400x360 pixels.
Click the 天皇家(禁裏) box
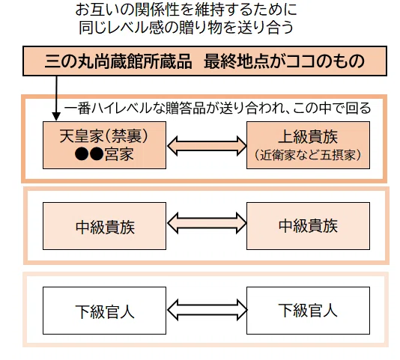click(x=104, y=145)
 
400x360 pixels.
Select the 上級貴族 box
click(x=308, y=145)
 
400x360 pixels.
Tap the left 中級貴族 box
click(x=104, y=226)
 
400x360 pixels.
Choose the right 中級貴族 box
click(x=308, y=226)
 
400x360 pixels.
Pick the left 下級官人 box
click(x=104, y=311)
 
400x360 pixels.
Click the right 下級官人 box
click(x=308, y=311)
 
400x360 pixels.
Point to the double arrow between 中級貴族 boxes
click(x=207, y=223)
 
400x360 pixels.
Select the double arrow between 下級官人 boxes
click(x=207, y=310)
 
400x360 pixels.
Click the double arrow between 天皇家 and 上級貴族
click(x=207, y=146)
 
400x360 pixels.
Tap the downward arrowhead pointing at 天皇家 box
click(x=56, y=117)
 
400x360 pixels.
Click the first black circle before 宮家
click(x=82, y=153)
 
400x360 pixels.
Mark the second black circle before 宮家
click(x=97, y=153)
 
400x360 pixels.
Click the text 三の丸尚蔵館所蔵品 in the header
click(x=118, y=61)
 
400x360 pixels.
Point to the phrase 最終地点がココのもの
click(x=284, y=61)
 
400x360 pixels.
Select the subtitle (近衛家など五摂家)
click(x=308, y=155)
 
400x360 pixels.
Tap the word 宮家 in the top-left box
click(x=119, y=154)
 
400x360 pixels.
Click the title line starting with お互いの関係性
click(x=187, y=10)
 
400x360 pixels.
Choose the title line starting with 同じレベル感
click(x=187, y=27)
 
